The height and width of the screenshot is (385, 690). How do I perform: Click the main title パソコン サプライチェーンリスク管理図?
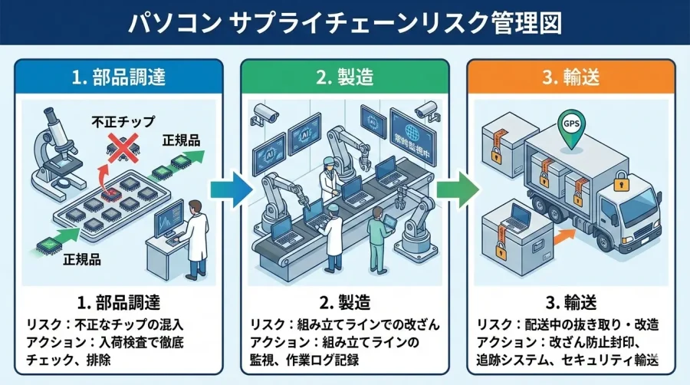click(344, 21)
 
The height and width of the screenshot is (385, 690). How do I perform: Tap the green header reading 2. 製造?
click(344, 77)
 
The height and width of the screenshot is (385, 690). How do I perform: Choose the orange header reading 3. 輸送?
click(571, 77)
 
